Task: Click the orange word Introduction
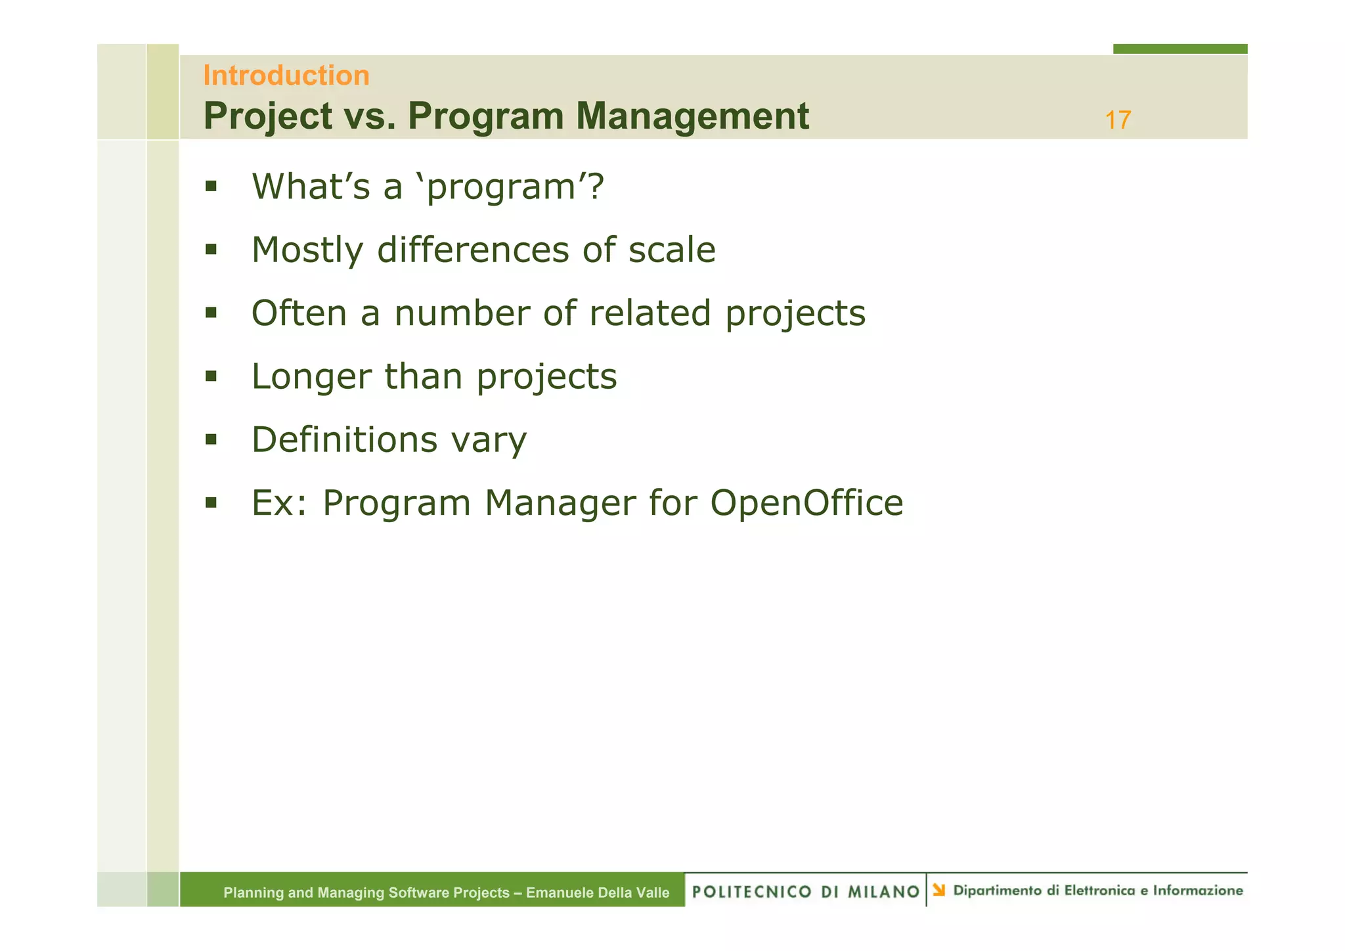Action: tap(286, 76)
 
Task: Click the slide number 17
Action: tap(1117, 121)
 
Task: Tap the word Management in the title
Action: tap(692, 116)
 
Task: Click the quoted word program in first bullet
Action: tap(502, 187)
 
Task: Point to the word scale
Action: tap(671, 250)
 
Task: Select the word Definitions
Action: tap(343, 439)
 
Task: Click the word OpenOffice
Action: tap(806, 503)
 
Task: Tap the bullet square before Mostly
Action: tap(211, 250)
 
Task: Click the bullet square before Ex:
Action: tap(211, 503)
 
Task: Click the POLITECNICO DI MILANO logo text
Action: tap(805, 891)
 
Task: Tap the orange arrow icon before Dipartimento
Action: tap(939, 890)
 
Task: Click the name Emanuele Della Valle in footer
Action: tap(598, 893)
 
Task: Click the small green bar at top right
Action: tap(1180, 49)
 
